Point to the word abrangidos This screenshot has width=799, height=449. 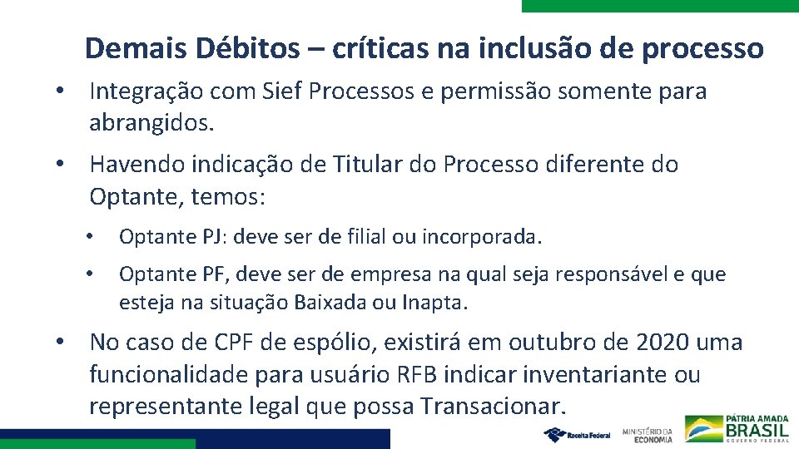point(151,124)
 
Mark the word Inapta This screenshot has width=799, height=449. point(440,302)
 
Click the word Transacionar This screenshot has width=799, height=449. point(494,407)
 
